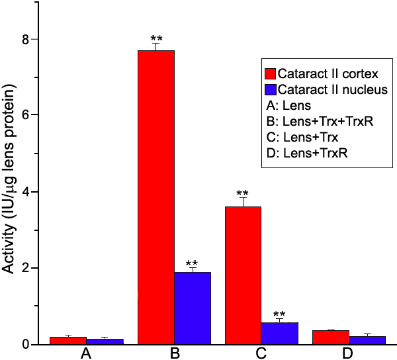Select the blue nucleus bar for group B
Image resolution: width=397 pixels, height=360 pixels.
pos(193,308)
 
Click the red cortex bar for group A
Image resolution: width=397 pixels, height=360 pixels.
pos(67,340)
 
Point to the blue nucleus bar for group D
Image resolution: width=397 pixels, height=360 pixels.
pos(367,340)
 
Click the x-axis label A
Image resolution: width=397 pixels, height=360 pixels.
pos(86,354)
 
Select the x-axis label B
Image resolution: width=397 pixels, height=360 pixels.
pos(175,354)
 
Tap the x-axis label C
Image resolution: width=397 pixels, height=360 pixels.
pos(262,354)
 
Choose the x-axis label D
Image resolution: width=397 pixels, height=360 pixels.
pos(349,354)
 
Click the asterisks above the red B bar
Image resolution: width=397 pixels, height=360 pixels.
pos(156,38)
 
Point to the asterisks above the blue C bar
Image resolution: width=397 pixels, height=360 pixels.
pos(280,314)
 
